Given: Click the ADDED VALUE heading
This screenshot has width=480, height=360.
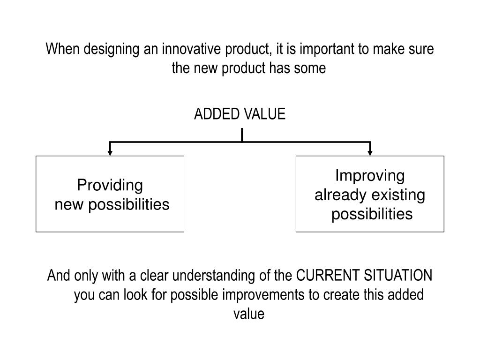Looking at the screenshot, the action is (240, 114).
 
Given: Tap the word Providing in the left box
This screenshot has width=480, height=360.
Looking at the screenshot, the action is (110, 186).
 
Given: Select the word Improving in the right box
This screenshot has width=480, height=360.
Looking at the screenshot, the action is (370, 176).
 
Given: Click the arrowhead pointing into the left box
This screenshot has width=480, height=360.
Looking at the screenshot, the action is (110, 152).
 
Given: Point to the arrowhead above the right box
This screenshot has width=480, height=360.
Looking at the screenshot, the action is (370, 152).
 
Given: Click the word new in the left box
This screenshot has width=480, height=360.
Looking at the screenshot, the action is (67, 205).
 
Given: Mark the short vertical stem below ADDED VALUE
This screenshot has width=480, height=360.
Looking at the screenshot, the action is (242, 135).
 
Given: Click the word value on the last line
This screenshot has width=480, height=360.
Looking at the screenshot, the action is (249, 314).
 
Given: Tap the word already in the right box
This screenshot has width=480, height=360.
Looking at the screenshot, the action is (340, 195).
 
